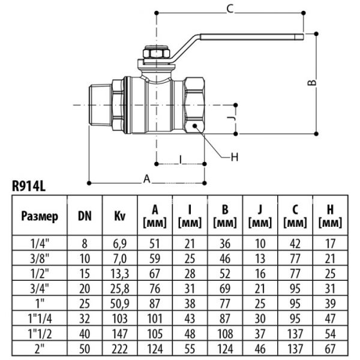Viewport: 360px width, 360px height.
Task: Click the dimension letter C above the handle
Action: tap(229, 7)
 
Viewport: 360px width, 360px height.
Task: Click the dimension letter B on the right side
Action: tap(311, 83)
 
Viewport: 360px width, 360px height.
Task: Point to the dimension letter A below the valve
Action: tap(146, 178)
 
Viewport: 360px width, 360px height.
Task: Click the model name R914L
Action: tap(29, 186)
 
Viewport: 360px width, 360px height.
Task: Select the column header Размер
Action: tap(40, 216)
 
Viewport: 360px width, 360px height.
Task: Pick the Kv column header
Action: tap(119, 216)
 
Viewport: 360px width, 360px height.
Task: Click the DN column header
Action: tap(85, 216)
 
